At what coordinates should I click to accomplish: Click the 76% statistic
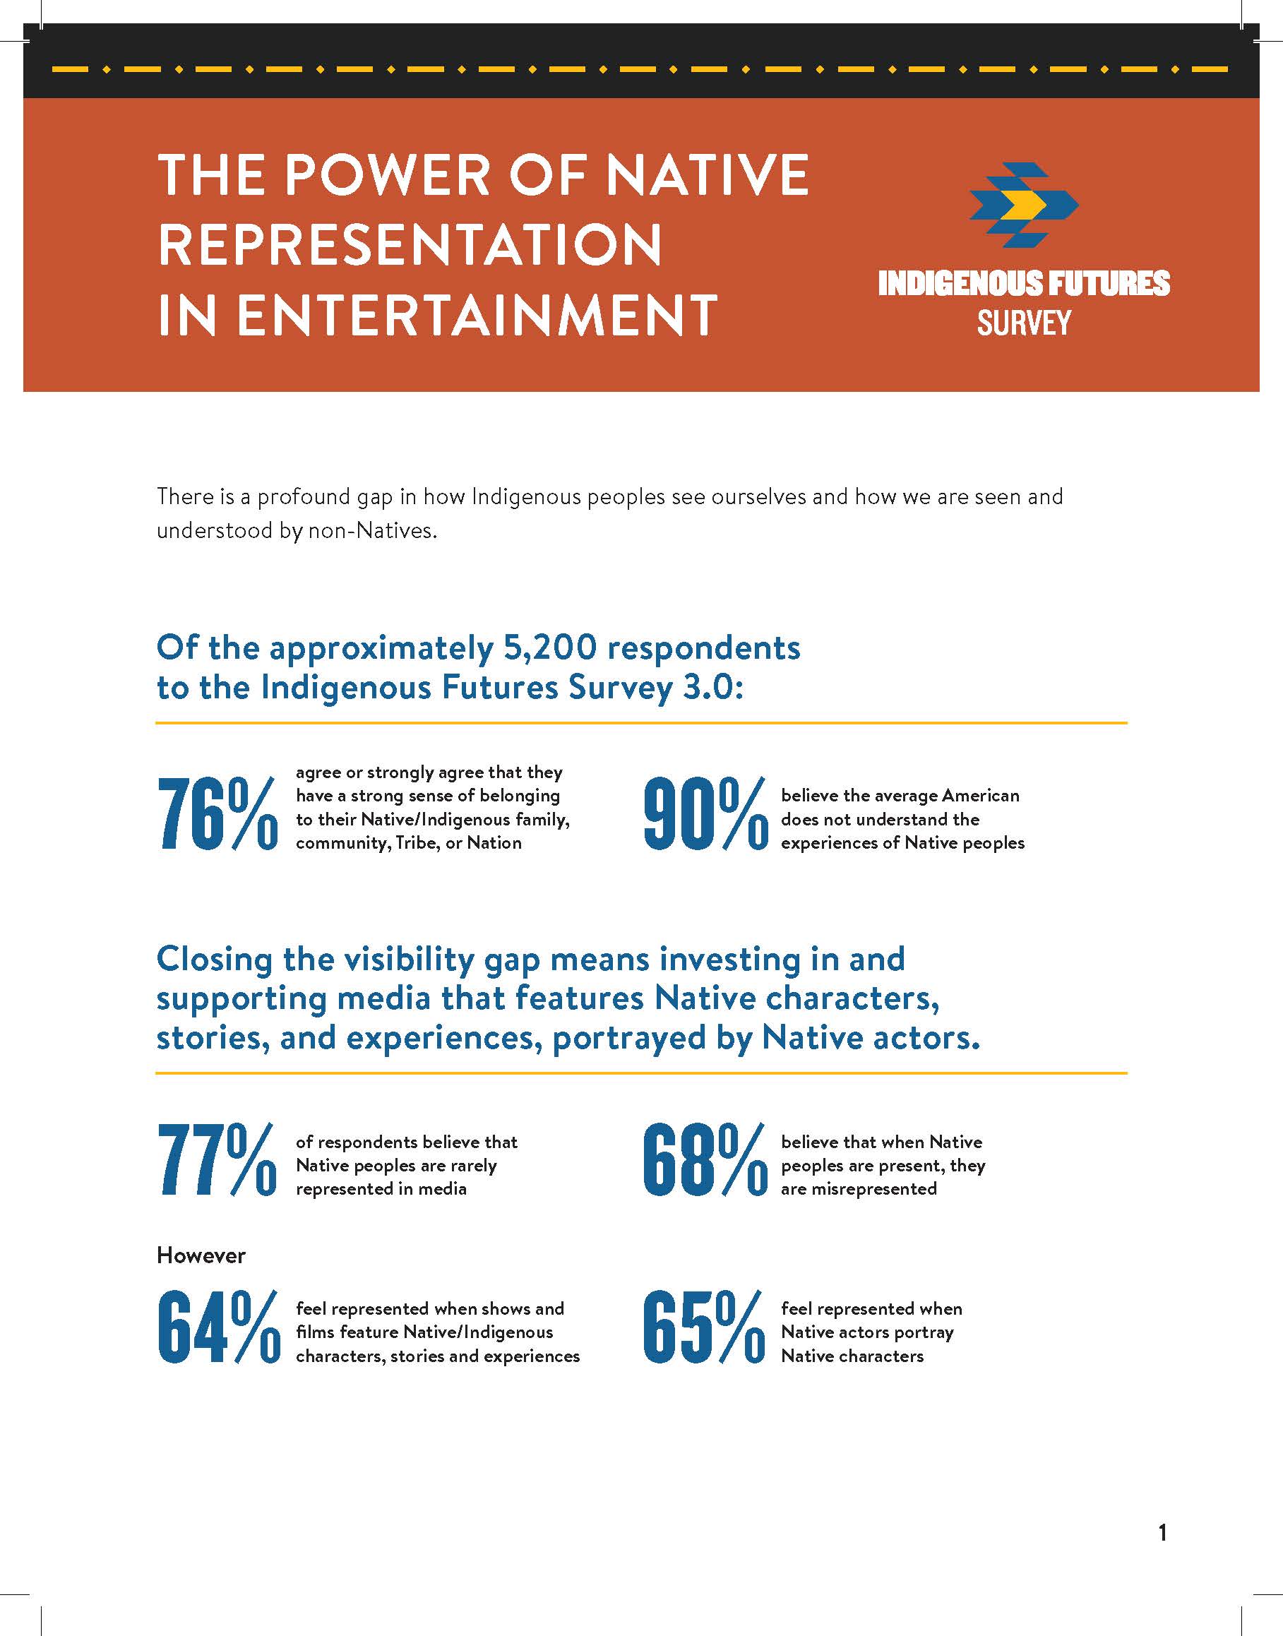[218, 814]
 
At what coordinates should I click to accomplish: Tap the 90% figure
[705, 814]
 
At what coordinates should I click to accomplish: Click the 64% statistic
[218, 1327]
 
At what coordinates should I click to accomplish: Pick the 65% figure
[704, 1327]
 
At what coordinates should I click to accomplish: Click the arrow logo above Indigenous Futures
[1023, 205]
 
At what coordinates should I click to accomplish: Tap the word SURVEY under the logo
[1024, 323]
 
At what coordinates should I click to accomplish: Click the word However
[201, 1255]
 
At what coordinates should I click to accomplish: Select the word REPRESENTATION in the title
[410, 245]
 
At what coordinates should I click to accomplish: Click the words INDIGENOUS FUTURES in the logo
[1024, 283]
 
